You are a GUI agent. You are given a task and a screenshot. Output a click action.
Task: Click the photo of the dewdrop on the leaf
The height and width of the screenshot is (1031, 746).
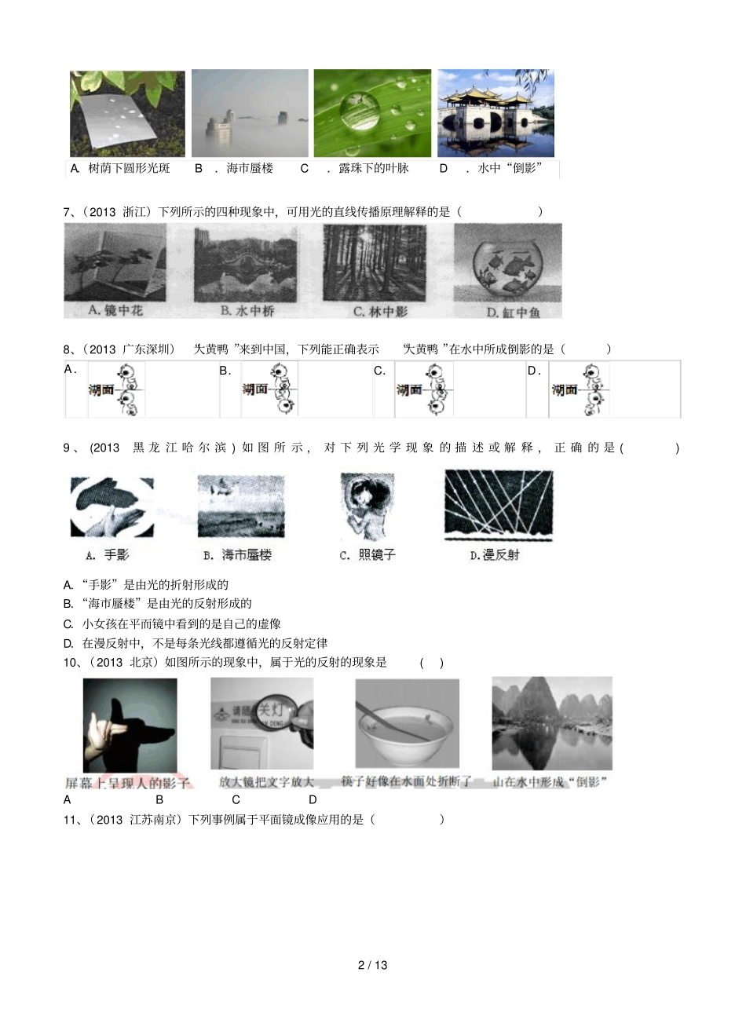point(372,113)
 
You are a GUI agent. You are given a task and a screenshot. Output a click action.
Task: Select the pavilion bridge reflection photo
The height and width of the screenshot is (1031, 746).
point(496,113)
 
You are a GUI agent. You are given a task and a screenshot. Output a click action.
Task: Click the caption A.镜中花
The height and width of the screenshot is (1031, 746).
point(115,310)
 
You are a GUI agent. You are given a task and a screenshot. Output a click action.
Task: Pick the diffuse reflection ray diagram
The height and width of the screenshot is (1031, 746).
point(499,506)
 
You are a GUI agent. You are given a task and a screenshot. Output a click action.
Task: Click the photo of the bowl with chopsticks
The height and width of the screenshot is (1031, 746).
point(407,725)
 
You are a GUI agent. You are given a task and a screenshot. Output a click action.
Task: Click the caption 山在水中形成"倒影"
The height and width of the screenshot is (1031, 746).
point(550,782)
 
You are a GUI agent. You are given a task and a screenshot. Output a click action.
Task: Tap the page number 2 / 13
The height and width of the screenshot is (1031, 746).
point(373,965)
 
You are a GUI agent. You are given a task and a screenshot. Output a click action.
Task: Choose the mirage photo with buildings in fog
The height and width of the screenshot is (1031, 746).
point(250,113)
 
